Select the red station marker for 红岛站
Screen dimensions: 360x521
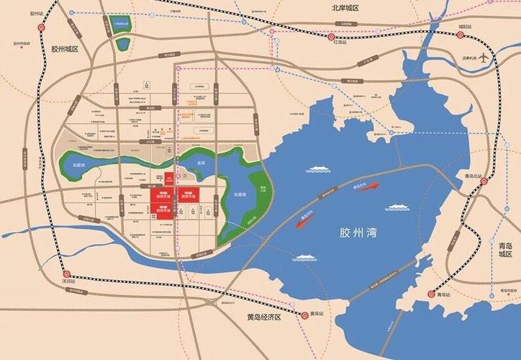[330, 36]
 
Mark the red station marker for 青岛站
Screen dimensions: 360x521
[432, 293]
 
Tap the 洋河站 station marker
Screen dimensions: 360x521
[66, 274]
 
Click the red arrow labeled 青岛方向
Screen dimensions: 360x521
[363, 189]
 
